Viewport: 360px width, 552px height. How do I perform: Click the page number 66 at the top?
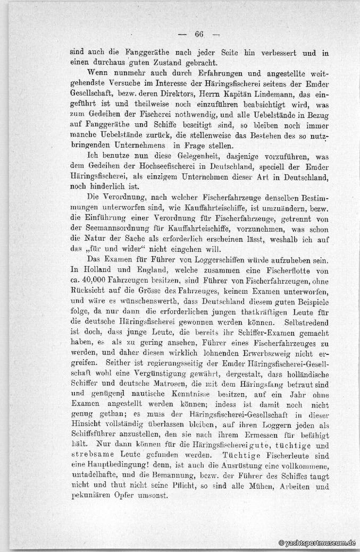point(199,35)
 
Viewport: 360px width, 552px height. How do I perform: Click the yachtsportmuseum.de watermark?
point(317,543)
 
